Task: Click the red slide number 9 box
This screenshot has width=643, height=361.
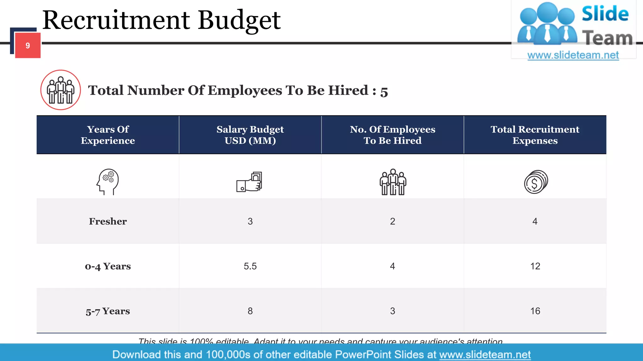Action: [x=28, y=45]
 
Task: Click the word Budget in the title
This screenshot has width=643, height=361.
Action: [x=239, y=21]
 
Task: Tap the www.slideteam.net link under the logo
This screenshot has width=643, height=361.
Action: [x=573, y=55]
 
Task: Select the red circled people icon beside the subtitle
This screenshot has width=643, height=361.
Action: [x=61, y=90]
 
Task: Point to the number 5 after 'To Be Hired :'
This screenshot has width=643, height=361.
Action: [x=384, y=92]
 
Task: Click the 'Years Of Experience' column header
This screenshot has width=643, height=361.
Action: [x=108, y=135]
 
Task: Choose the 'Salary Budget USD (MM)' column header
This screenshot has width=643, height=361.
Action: [x=250, y=135]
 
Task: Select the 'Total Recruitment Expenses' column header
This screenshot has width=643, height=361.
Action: [x=535, y=135]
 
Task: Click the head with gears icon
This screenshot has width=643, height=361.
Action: [x=108, y=182]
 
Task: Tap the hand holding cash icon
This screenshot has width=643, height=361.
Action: [x=249, y=182]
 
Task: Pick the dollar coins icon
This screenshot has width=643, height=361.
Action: [x=536, y=182]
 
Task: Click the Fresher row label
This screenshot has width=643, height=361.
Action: [x=108, y=221]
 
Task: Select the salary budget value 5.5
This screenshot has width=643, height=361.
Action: [x=250, y=266]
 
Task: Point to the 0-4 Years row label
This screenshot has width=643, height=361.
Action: [x=108, y=266]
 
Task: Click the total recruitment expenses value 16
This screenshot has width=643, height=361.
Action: [x=535, y=311]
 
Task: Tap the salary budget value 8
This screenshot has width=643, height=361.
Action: [x=250, y=311]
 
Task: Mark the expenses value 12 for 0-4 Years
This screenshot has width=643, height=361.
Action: [x=535, y=266]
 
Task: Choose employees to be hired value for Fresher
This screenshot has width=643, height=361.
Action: [x=392, y=222]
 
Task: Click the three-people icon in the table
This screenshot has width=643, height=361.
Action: [x=393, y=182]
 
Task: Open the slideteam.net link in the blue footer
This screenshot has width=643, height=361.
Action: [x=485, y=355]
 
